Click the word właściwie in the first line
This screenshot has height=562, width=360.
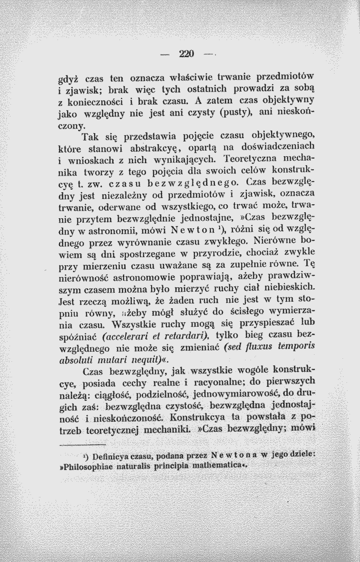click(190, 79)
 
